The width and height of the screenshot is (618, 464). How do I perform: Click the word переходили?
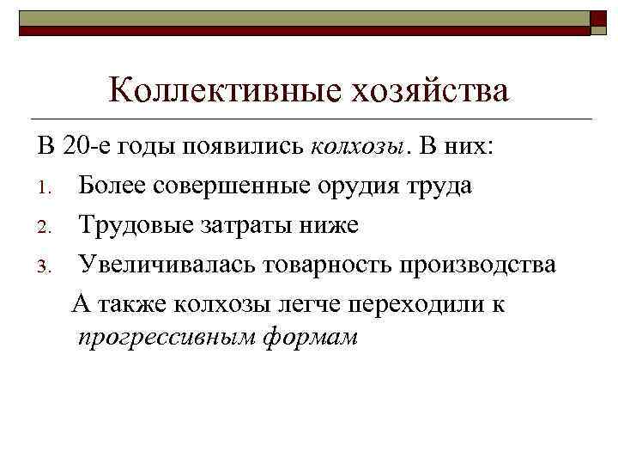[x=413, y=304]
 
